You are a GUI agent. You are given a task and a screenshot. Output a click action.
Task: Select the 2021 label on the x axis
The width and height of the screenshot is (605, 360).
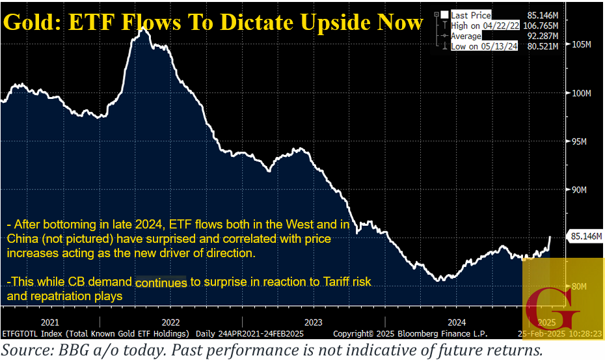[50, 322]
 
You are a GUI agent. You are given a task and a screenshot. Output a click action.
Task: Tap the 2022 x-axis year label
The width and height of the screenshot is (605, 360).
[170, 322]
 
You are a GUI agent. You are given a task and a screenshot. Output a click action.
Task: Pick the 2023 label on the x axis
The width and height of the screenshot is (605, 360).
[313, 322]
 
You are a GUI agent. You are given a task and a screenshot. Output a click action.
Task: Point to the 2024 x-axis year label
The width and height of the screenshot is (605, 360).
[456, 322]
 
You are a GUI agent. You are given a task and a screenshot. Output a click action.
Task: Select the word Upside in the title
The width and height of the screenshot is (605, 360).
[330, 22]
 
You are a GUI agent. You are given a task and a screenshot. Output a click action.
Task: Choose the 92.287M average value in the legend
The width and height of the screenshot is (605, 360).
[540, 36]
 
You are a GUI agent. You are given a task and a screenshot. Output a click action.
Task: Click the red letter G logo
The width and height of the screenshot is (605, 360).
[553, 305]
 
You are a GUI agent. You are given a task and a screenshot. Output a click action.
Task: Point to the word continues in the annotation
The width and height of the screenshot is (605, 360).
[161, 283]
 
